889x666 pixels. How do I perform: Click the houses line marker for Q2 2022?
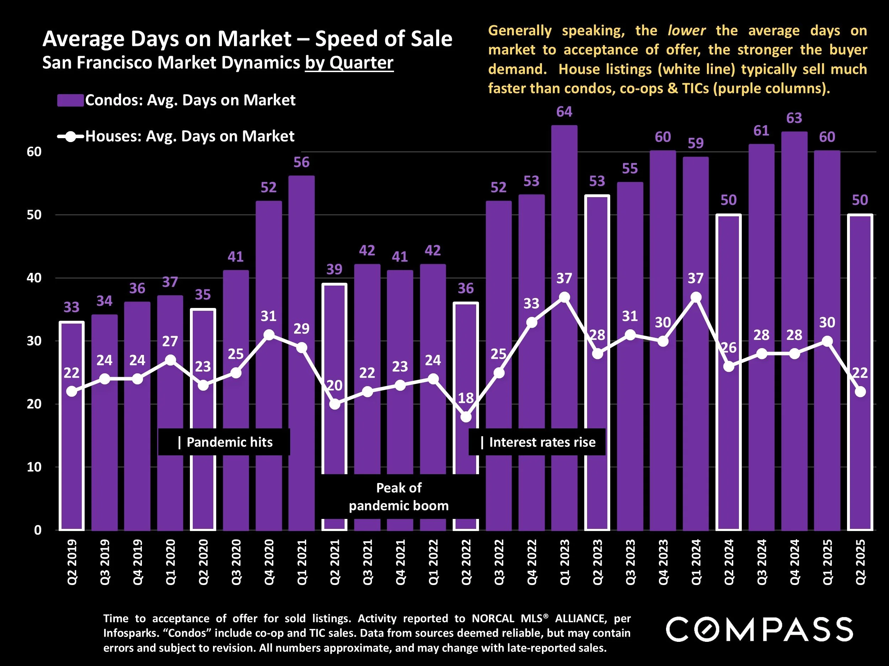click(466, 417)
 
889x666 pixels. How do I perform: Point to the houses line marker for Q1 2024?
click(696, 297)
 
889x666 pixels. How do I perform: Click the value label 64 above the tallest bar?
click(564, 112)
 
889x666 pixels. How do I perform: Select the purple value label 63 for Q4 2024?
click(794, 118)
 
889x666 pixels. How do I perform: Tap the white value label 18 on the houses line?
click(466, 398)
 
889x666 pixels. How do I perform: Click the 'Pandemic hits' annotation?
click(224, 442)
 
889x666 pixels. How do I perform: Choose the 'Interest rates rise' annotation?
click(537, 442)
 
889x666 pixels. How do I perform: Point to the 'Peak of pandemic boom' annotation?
click(399, 497)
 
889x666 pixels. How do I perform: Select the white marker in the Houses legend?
click(70, 136)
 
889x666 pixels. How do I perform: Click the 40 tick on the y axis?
click(34, 278)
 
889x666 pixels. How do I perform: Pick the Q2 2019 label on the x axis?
click(71, 562)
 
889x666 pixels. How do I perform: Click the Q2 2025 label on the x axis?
click(860, 562)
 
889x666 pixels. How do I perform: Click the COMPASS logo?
click(759, 629)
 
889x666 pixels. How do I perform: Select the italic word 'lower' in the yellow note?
click(686, 31)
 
